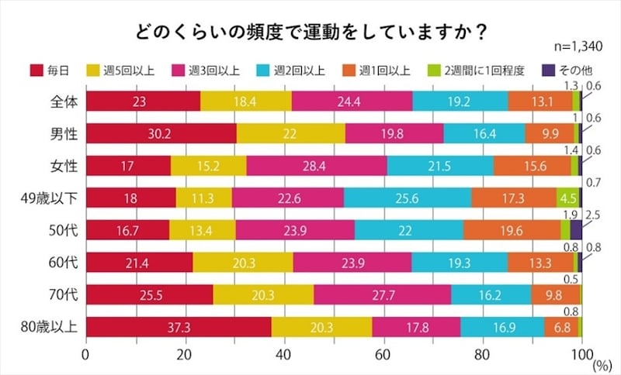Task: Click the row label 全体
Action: point(57,101)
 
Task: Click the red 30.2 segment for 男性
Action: point(161,133)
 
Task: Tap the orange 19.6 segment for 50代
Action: point(512,230)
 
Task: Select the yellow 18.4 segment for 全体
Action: point(246,101)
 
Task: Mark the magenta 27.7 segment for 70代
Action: point(382,294)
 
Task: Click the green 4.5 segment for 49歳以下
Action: point(567,198)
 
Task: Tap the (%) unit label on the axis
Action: point(599,360)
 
